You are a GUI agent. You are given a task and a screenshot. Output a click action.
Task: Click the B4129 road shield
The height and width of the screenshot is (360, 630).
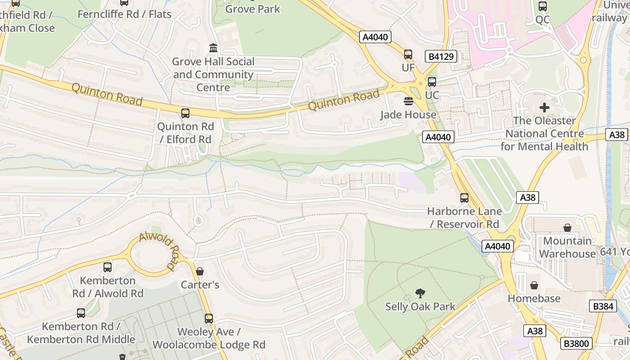coord(441,56)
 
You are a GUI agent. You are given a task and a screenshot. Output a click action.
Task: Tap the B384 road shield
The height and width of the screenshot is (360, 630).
coord(603,306)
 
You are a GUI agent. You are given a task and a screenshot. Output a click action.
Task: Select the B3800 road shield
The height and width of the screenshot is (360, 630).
coord(576,344)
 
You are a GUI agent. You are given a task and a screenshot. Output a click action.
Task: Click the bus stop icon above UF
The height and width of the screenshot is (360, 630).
coord(408,54)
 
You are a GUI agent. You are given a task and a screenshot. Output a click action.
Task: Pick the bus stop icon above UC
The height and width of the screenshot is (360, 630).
coord(432,82)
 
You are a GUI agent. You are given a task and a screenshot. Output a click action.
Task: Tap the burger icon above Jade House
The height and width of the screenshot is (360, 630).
coord(408,101)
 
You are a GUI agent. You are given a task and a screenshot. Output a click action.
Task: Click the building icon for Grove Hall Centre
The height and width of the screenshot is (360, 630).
coord(213,48)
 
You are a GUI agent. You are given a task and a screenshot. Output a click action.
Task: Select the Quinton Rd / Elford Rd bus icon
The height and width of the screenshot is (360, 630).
coord(185,113)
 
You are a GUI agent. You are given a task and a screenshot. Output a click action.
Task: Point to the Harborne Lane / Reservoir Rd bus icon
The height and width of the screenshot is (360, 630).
coord(464,198)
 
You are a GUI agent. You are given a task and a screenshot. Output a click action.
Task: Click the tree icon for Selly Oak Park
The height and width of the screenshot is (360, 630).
coord(420,293)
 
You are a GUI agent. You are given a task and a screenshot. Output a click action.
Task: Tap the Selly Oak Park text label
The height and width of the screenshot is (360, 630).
coord(420,307)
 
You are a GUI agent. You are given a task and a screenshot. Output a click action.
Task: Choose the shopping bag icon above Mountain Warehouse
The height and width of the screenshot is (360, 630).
coord(567,228)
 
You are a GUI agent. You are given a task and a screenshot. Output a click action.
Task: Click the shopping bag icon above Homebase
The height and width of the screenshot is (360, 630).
coord(534,285)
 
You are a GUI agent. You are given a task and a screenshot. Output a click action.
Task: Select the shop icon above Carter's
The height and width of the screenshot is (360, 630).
coord(200,271)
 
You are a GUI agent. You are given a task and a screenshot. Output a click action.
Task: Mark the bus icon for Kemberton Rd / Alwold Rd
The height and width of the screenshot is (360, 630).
coord(108,267)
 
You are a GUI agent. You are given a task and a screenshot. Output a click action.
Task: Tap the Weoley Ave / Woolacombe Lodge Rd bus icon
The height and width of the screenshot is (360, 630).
coord(209,319)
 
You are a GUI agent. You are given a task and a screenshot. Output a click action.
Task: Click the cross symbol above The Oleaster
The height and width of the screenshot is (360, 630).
coord(544,108)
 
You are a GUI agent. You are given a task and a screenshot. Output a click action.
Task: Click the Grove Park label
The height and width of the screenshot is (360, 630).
coord(252,9)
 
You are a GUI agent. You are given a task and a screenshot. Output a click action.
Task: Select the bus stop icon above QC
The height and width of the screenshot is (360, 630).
coord(543,6)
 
